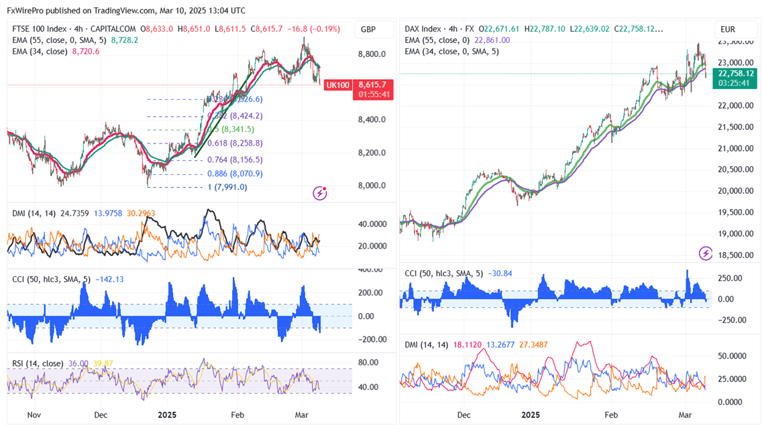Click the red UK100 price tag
point(337,85)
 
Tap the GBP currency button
point(368,29)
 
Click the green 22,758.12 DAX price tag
point(736,74)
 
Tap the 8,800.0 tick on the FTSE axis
point(372,54)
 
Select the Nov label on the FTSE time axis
point(34,415)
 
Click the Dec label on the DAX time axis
point(464,415)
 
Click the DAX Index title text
point(423,29)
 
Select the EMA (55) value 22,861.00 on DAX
point(492,40)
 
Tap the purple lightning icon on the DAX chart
point(706,253)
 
